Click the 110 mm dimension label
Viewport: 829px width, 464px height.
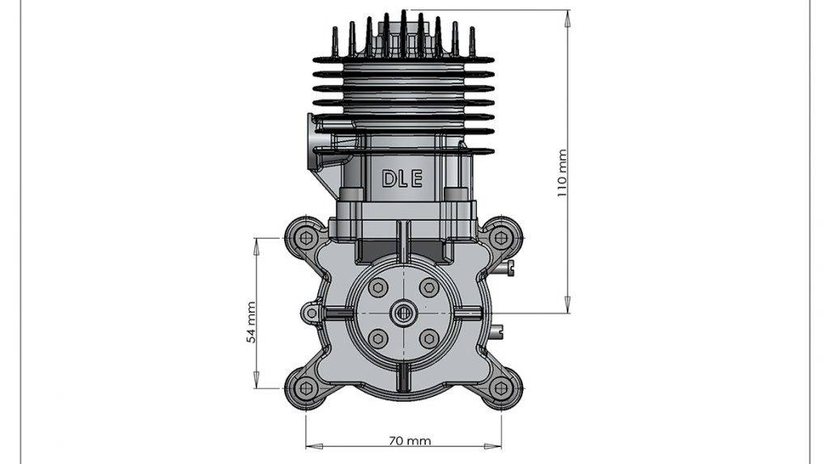coord(563,173)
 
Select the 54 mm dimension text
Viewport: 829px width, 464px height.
coord(251,322)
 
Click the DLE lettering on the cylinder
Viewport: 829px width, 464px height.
coord(402,179)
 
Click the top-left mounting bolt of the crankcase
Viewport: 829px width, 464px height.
coord(305,238)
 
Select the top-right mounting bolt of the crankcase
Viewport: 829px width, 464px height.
coord(501,238)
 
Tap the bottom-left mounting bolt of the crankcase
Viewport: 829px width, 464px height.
coord(305,388)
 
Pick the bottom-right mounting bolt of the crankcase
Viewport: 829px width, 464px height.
coord(501,388)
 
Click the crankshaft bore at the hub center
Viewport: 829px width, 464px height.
coord(403,313)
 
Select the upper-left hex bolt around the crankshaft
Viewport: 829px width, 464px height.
coord(377,288)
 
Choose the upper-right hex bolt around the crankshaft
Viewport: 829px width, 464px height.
coord(429,288)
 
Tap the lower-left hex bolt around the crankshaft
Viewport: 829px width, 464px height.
coord(377,338)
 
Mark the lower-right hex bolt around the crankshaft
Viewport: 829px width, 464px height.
coord(429,338)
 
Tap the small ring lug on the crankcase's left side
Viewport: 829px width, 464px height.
coord(308,312)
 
